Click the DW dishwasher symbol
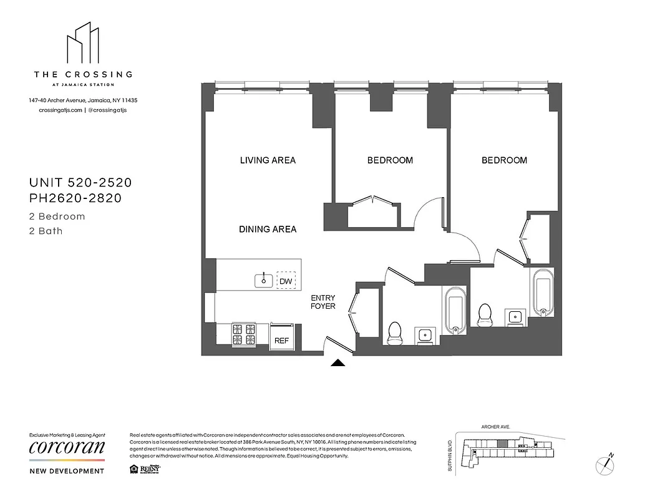(x=286, y=281)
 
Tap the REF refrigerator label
(x=281, y=341)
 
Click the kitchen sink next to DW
(x=264, y=281)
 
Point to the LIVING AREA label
(x=268, y=160)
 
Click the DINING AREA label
(x=268, y=230)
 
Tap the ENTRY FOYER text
(x=323, y=302)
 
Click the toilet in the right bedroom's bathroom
(x=485, y=315)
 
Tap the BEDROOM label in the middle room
(x=390, y=160)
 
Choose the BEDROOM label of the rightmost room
(x=504, y=160)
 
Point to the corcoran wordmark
(x=67, y=448)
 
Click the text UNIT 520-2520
(x=80, y=183)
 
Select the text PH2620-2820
(x=75, y=199)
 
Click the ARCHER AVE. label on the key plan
(x=496, y=427)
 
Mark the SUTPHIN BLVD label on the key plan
(x=449, y=457)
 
